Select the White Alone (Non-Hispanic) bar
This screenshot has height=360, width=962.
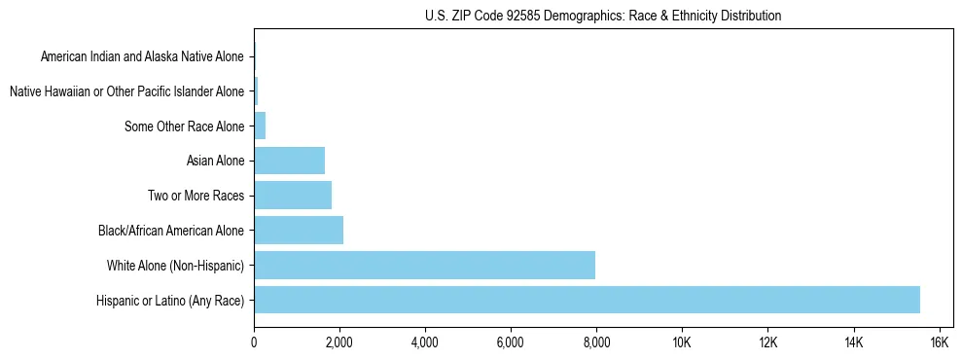(x=424, y=266)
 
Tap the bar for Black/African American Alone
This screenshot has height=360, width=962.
(x=299, y=231)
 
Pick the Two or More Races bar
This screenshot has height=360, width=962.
(x=293, y=196)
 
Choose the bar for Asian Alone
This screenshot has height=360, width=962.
(x=289, y=161)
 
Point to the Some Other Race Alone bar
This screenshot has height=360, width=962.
(x=260, y=126)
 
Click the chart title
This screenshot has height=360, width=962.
(x=603, y=16)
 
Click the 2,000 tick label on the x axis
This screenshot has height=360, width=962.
(x=339, y=342)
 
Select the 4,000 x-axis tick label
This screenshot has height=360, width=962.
(x=425, y=342)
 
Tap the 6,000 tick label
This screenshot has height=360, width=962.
(x=511, y=342)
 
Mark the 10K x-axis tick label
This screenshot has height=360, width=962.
(x=682, y=342)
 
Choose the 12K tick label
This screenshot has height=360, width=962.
(x=767, y=342)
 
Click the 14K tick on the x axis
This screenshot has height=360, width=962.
(x=853, y=342)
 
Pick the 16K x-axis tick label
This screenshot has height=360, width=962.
(x=939, y=342)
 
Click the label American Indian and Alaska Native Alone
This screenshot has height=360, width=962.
(x=142, y=56)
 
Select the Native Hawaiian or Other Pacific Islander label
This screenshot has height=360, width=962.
(x=126, y=91)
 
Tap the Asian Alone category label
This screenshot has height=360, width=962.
(x=215, y=161)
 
